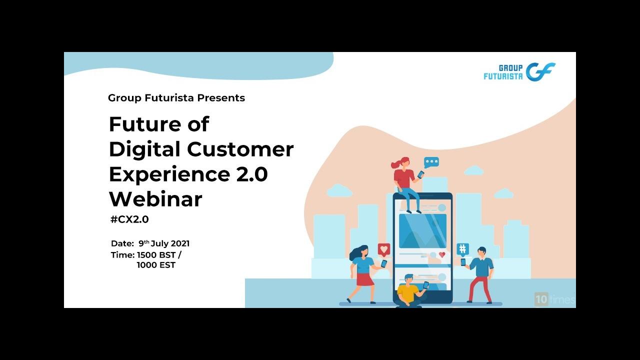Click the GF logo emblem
(x=540, y=71)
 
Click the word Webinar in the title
(x=155, y=199)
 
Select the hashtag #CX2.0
(x=129, y=219)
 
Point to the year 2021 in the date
(x=180, y=243)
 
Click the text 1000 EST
(x=156, y=265)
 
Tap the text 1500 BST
(x=156, y=254)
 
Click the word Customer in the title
(x=240, y=149)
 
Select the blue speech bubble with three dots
(x=431, y=162)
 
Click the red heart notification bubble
(x=383, y=249)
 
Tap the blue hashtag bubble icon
(x=462, y=249)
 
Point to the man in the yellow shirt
(x=411, y=291)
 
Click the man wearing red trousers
(x=480, y=275)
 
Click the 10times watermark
(x=554, y=299)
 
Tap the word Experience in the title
(x=169, y=174)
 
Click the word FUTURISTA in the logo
(x=503, y=76)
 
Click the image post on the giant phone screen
(x=422, y=231)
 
